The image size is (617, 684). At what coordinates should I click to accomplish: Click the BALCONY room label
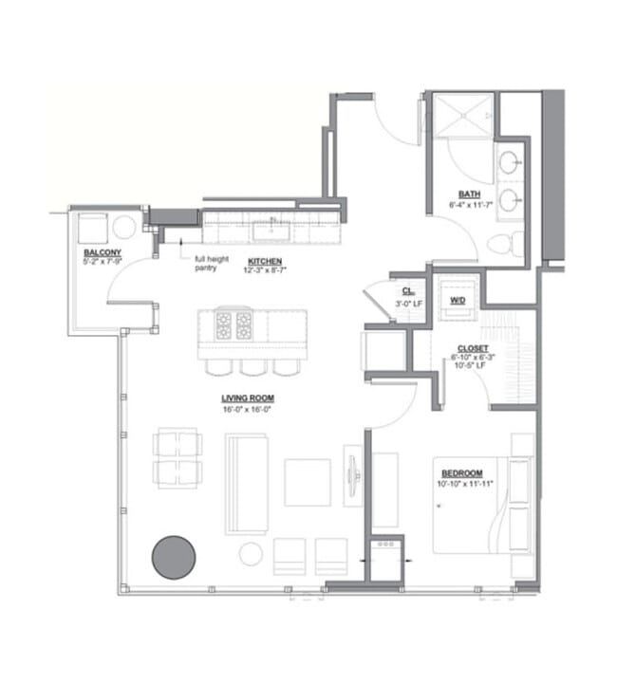(x=102, y=252)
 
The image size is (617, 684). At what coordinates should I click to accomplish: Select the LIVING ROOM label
(x=247, y=399)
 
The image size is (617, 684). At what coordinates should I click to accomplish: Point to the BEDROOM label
(x=460, y=472)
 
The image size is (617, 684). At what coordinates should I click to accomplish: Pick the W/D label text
(x=458, y=300)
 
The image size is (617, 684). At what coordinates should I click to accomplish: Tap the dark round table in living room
(x=174, y=556)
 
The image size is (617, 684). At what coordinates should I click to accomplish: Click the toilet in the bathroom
(x=505, y=244)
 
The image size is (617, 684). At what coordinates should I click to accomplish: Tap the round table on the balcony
(x=124, y=228)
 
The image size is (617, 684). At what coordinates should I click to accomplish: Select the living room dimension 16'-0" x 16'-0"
(x=247, y=410)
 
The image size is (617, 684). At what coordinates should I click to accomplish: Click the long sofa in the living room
(x=247, y=483)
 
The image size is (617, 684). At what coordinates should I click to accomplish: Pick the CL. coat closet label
(x=406, y=291)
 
